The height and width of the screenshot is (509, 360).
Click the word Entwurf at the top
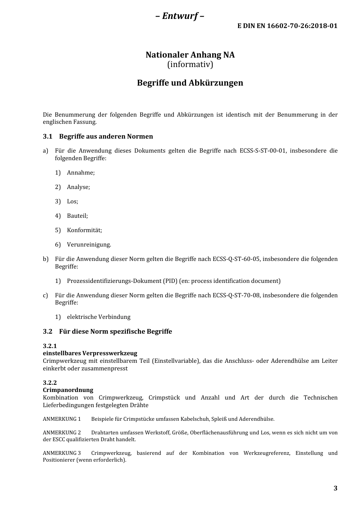[x=180, y=16]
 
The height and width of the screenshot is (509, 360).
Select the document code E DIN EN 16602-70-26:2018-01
[x=287, y=26]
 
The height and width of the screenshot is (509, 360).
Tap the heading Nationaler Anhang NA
[x=190, y=55]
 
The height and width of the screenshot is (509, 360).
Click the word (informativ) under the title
[x=190, y=64]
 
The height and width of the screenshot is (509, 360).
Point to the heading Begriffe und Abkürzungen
[x=190, y=83]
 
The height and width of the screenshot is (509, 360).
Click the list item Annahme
[x=81, y=173]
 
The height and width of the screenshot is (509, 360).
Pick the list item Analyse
[x=78, y=187]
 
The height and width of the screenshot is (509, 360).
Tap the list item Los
[x=72, y=201]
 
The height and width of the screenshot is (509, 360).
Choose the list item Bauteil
[x=77, y=216]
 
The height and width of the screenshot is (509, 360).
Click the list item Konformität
[x=85, y=230]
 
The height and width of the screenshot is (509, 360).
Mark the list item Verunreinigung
[x=89, y=245]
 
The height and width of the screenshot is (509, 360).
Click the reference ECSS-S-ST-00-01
[x=263, y=151]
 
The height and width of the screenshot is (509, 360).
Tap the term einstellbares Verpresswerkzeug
[x=90, y=353]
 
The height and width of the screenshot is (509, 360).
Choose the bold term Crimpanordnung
[x=68, y=390]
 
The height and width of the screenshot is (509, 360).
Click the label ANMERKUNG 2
[x=62, y=432]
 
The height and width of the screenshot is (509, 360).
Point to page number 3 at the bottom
[x=335, y=488]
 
